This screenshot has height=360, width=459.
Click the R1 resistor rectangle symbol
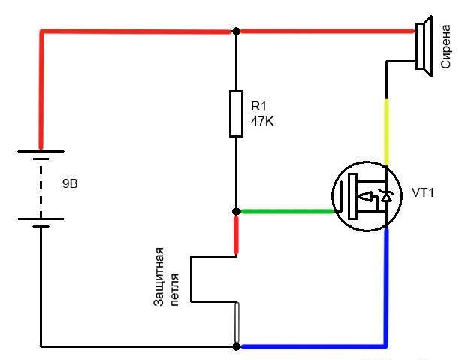(x=236, y=113)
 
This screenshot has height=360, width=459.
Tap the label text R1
(x=258, y=106)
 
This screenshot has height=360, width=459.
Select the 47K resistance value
(x=262, y=121)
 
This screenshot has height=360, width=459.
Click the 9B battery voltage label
(x=71, y=183)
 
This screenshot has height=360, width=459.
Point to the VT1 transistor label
(x=423, y=192)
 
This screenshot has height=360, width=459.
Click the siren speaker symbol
(x=424, y=46)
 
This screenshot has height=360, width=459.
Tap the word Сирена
(x=445, y=47)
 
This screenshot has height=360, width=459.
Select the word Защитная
(x=159, y=277)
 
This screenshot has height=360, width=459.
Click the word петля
(x=174, y=290)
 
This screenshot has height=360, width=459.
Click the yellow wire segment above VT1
(x=386, y=132)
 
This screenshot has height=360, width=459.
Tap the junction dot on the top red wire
(x=236, y=31)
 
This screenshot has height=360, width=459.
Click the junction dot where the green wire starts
(x=236, y=211)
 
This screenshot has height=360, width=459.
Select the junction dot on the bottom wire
(x=236, y=346)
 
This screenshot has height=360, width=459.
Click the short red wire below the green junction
(x=236, y=235)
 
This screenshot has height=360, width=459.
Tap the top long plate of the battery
(x=41, y=151)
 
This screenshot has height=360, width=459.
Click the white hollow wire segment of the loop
(x=237, y=322)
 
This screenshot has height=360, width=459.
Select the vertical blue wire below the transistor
(x=386, y=287)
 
